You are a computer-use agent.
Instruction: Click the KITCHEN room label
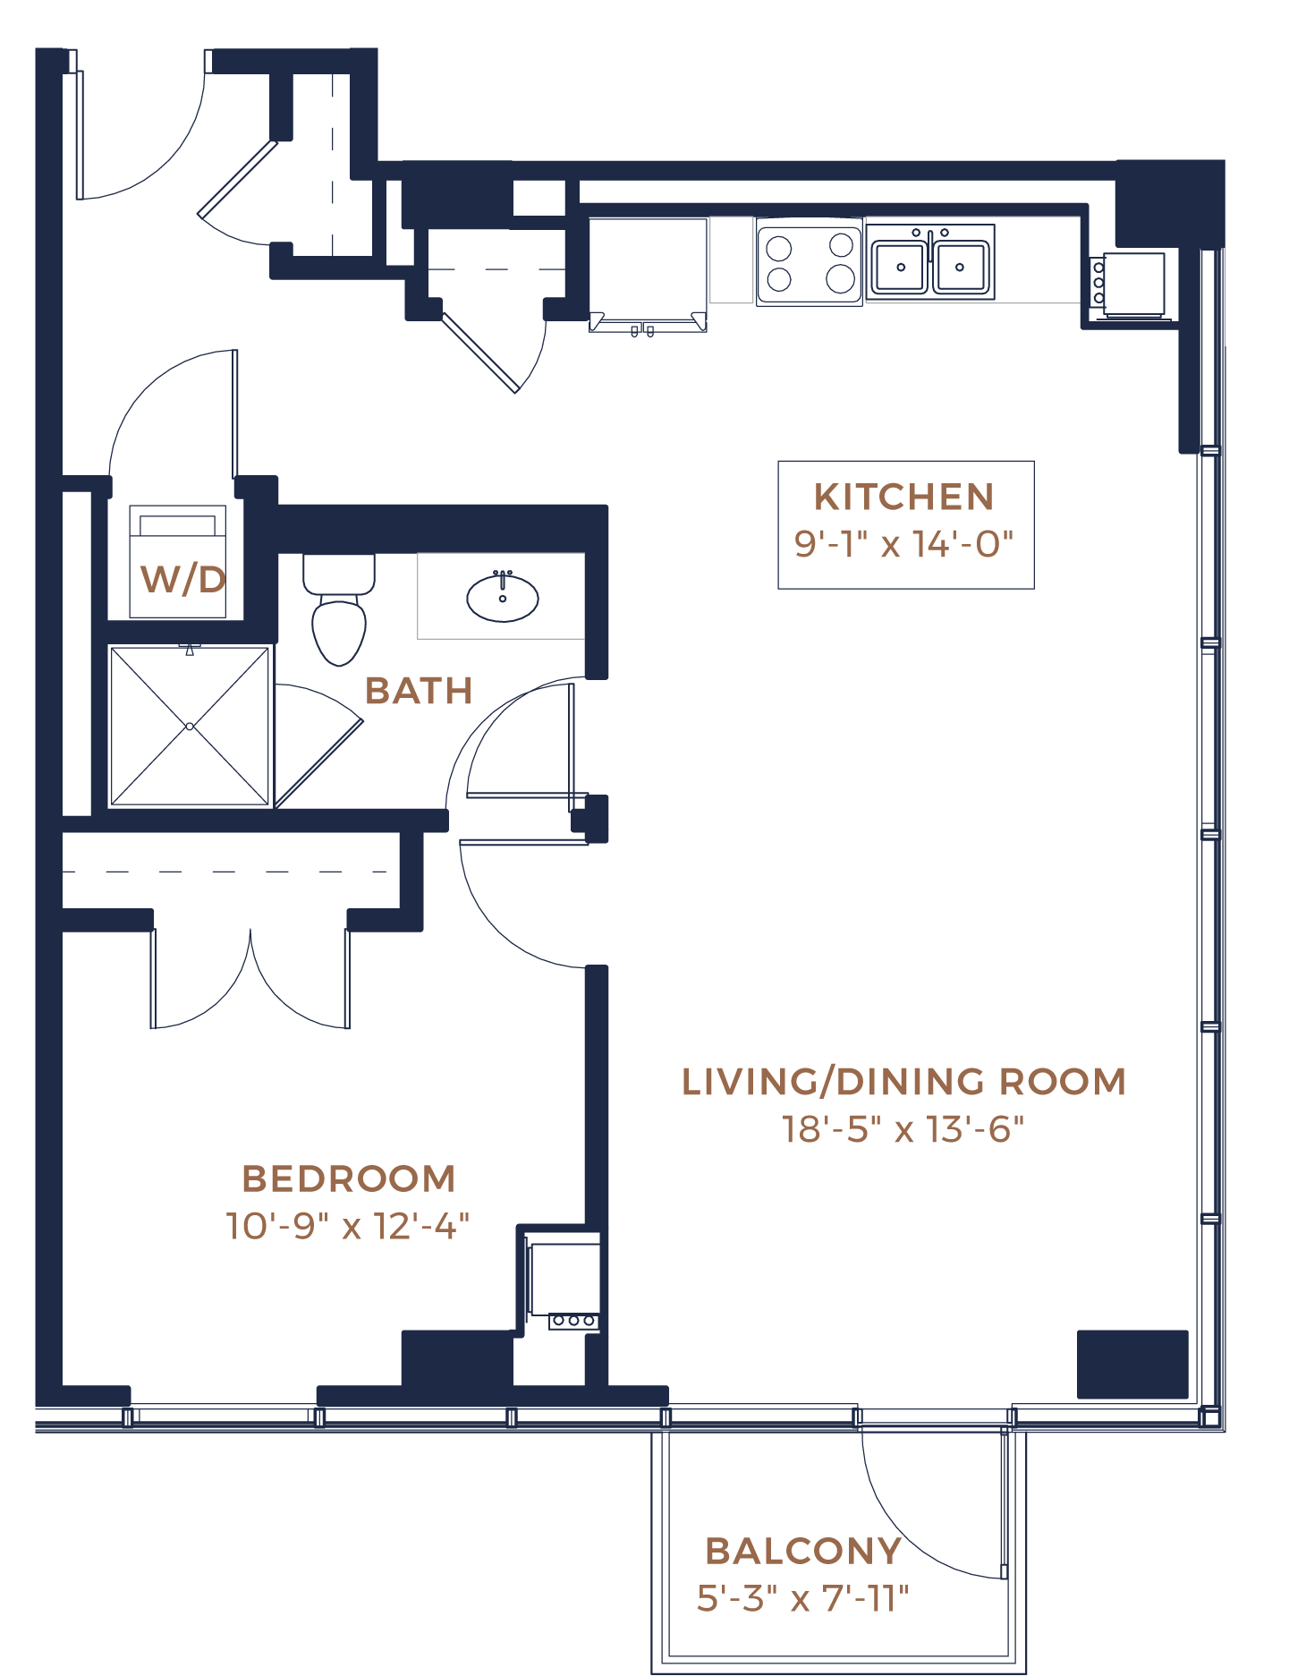[x=903, y=497]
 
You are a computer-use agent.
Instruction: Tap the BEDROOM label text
[x=349, y=1178]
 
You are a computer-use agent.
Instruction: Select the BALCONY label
[x=803, y=1551]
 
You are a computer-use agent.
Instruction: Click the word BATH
[x=419, y=691]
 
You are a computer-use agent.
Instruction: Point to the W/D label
[x=183, y=580]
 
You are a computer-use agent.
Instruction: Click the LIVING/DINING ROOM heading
[x=903, y=1081]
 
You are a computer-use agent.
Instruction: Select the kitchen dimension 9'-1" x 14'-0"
[x=903, y=544]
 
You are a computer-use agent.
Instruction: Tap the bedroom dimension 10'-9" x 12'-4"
[x=347, y=1226]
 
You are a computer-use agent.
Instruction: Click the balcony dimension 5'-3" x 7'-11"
[x=802, y=1598]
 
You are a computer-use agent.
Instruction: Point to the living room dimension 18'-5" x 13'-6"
[x=903, y=1129]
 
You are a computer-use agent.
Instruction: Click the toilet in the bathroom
[x=339, y=608]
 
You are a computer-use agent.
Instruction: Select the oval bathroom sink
[x=503, y=597]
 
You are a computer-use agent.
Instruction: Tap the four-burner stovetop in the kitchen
[x=810, y=262]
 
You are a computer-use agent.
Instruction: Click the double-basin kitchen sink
[x=930, y=263]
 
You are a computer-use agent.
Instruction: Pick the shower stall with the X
[x=190, y=726]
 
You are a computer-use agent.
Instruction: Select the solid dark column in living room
[x=1132, y=1364]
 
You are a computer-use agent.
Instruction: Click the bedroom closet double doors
[x=250, y=980]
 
